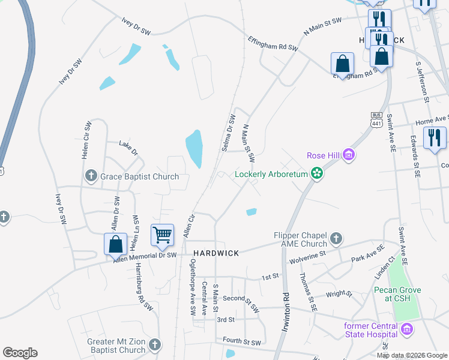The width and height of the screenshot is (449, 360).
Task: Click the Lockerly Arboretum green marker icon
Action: [317, 175]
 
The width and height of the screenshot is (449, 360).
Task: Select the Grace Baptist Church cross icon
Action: [91, 176]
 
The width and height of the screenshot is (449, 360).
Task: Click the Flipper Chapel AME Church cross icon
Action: [336, 239]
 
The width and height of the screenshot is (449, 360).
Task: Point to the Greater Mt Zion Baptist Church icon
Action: [155, 344]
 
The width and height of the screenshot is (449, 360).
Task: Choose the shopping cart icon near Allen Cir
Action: [162, 236]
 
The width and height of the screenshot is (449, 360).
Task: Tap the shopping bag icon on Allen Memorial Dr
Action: [115, 244]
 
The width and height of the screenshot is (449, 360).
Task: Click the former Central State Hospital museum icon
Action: [408, 329]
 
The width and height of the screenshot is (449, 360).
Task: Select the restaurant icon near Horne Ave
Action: [435, 138]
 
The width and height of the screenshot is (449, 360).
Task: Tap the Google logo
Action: [20, 353]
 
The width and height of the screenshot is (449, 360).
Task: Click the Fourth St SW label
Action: [241, 343]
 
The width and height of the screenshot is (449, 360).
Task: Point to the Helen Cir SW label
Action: [86, 139]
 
